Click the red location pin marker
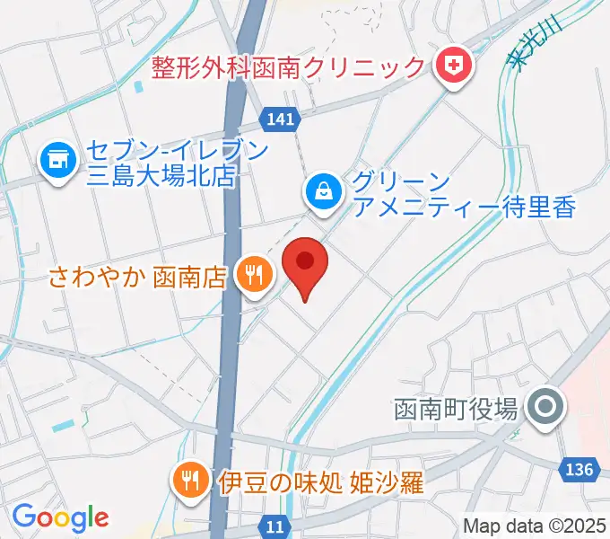pos(305,265)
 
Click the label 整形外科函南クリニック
pos(288,66)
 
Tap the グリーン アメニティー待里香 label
pos(462,193)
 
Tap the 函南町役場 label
pos(457,409)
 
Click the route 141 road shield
pos(280,118)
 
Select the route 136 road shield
pos(580,469)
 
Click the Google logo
pos(60,517)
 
